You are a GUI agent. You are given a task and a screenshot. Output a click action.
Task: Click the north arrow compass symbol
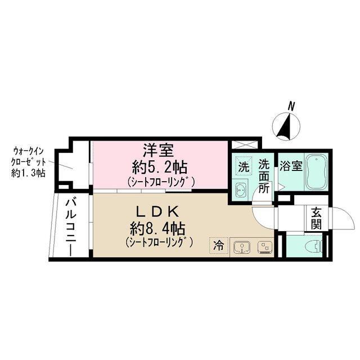(286, 125)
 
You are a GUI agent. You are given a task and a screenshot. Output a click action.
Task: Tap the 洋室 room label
(161, 151)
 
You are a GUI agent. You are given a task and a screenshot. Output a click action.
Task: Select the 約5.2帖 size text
(161, 167)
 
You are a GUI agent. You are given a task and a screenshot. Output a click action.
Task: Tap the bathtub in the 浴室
(317, 171)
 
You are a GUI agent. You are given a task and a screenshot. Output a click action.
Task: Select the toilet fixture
(311, 245)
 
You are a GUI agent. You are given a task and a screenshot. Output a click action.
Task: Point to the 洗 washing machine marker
(243, 166)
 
